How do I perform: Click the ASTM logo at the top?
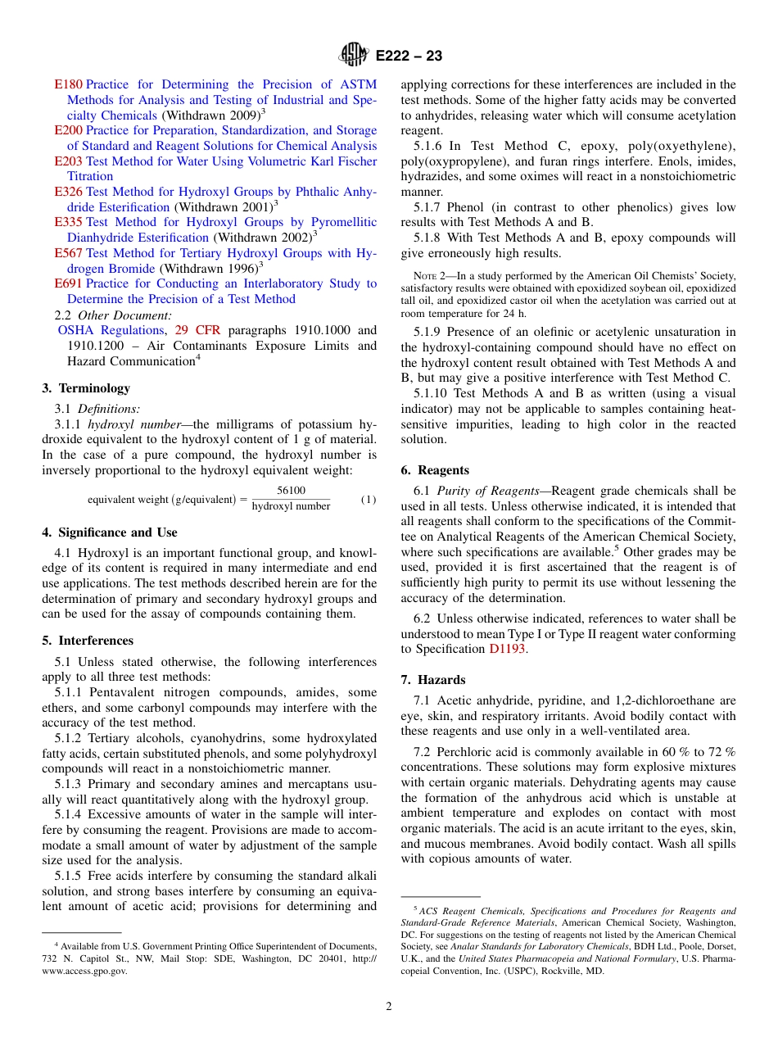click(355, 56)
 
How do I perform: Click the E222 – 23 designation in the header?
click(409, 57)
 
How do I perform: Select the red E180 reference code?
click(68, 84)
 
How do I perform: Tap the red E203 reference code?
click(68, 161)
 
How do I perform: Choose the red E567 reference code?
click(68, 253)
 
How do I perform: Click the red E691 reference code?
click(68, 283)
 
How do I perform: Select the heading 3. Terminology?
click(86, 388)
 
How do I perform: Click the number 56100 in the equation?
click(291, 491)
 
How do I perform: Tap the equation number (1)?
click(369, 500)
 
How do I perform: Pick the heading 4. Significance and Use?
click(110, 532)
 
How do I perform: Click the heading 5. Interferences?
click(88, 641)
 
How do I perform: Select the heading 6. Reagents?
click(435, 470)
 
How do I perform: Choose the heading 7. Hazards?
click(433, 680)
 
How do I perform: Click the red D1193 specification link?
click(508, 649)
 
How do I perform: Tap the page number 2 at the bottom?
click(389, 1007)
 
